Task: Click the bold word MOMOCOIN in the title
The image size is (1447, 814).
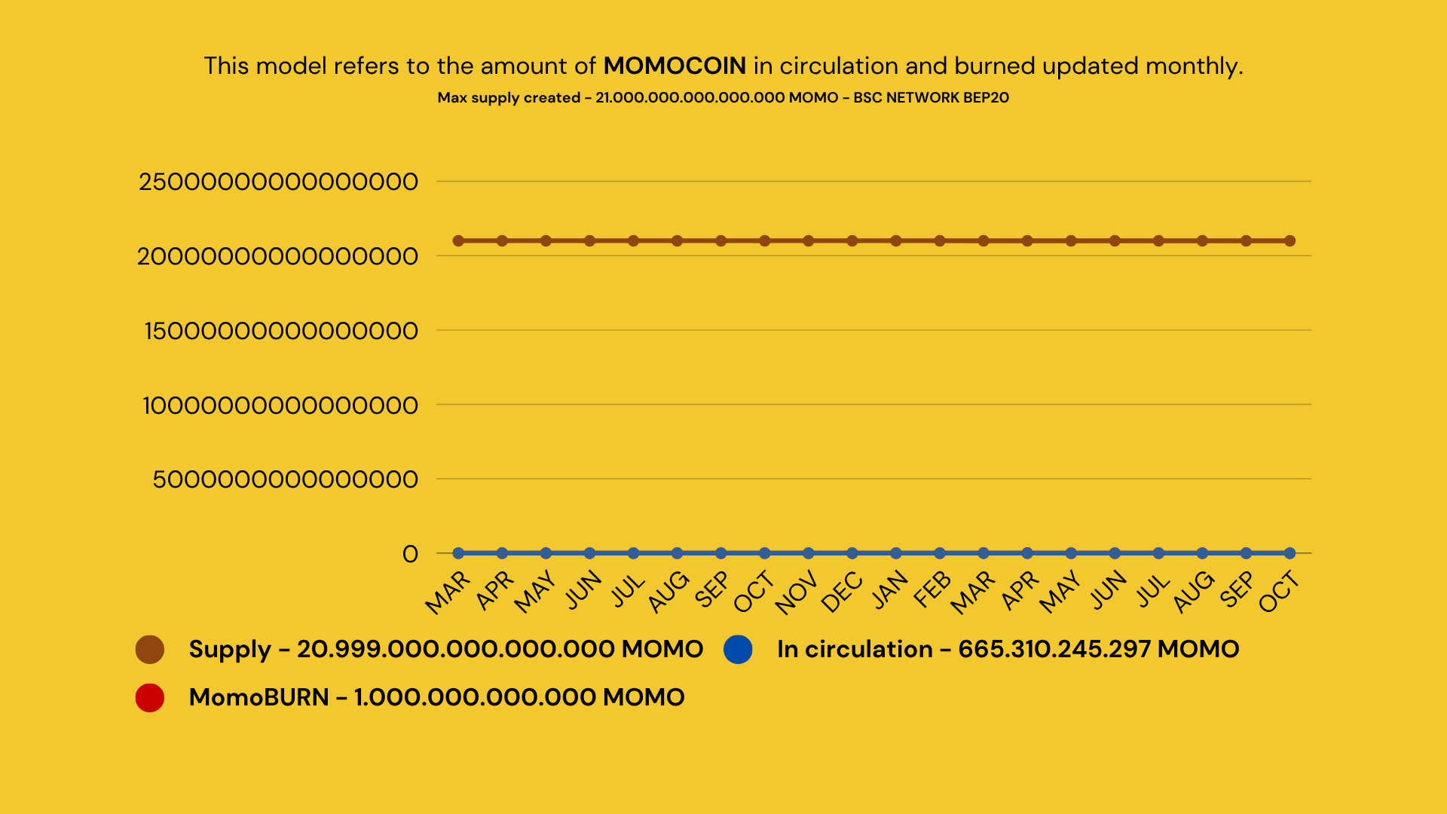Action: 675,66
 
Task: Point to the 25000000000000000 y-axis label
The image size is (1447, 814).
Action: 278,182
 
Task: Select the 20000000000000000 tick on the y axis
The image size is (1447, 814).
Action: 277,256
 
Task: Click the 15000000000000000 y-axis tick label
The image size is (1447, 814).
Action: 280,331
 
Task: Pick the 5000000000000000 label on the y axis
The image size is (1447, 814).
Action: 285,479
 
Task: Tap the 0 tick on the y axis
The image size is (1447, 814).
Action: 410,554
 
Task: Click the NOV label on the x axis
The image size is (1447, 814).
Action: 796,592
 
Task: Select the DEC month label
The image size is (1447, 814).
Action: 841,592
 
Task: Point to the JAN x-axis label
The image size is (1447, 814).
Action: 889,589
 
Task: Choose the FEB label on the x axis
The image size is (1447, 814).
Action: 932,589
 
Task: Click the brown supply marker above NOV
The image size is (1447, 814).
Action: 809,241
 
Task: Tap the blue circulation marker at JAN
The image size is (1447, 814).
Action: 896,553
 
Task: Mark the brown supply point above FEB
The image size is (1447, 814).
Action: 940,241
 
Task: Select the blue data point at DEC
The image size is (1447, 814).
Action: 852,553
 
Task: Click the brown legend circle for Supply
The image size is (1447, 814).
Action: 150,650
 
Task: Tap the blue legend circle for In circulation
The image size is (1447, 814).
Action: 738,650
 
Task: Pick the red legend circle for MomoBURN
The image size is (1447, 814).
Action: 150,698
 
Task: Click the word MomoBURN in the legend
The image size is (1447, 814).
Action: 259,698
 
